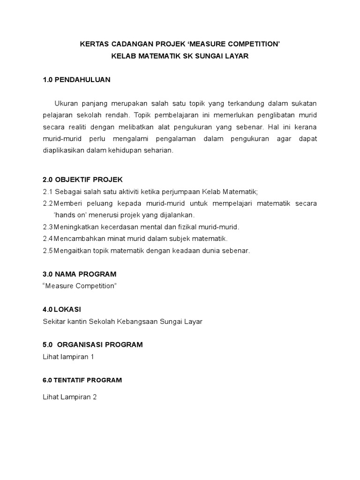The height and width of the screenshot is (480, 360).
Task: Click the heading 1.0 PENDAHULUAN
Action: coord(76,80)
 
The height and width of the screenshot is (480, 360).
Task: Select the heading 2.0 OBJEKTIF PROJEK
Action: coord(82,180)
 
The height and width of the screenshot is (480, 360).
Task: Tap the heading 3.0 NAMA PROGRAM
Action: coord(79,274)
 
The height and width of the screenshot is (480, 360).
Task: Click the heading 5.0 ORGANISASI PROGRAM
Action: coord(92,345)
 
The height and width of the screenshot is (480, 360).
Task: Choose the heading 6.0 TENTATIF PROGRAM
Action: coord(82,380)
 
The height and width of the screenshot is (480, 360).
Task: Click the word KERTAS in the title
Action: coord(93,45)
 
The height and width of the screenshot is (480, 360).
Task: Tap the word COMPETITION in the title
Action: coord(254,45)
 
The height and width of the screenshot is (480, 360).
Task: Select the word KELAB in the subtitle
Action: coord(123,56)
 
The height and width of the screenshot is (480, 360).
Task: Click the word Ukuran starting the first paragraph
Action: coord(66,103)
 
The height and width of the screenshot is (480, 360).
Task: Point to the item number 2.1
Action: coord(47,192)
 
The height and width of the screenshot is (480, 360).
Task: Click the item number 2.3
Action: coord(47,227)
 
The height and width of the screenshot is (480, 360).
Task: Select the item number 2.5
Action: coord(47,250)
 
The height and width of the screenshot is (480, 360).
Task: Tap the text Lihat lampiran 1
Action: coord(68,357)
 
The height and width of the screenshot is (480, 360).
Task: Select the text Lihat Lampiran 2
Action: coord(69,397)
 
